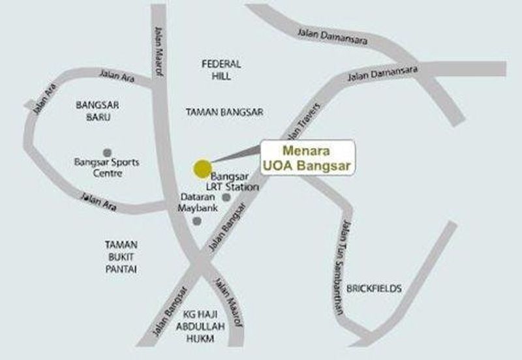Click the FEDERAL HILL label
tap(221, 70)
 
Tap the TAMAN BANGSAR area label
tap(224, 112)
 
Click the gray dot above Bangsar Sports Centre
tap(107, 152)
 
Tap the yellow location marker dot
tap(202, 169)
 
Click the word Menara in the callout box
tap(308, 152)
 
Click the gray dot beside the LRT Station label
tap(226, 197)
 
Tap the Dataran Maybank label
tap(197, 202)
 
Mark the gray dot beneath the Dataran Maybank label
tap(197, 222)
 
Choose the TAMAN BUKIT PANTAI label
tap(123, 256)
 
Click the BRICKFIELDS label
tap(374, 288)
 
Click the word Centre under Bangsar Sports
tap(107, 173)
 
